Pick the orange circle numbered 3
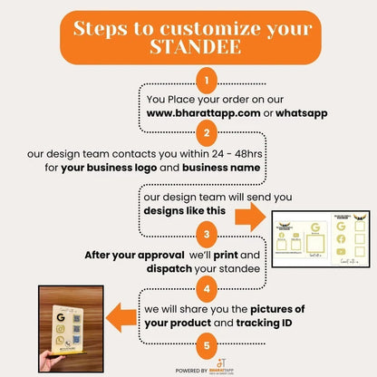pos(208,235)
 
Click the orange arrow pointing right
pos(252,215)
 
